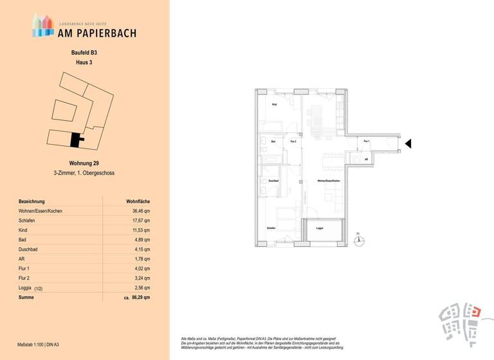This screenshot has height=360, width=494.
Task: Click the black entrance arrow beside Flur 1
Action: pos(408,144)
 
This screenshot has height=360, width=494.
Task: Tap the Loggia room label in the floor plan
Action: pos(320,228)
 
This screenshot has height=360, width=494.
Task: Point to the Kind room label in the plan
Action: pos(275,104)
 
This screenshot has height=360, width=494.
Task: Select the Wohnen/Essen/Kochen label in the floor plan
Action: pos(328,181)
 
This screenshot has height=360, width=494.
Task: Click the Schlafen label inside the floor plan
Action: pos(271,228)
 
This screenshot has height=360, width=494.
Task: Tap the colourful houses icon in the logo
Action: pos(43,25)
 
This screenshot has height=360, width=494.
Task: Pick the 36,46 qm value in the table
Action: pos(142,211)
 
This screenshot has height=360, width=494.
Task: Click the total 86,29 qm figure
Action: pos(141,298)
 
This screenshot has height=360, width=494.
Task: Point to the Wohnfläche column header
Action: pos(138,201)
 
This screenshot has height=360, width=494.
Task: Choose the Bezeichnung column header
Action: pos(32,201)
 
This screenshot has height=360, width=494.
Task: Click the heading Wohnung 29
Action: pos(84,163)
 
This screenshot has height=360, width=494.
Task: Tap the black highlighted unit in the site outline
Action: pos(77,139)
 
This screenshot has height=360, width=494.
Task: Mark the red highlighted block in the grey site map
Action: pos(475,311)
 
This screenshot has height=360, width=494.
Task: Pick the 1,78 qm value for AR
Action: pos(142,259)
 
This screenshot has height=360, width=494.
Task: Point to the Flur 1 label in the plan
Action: pos(367,141)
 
